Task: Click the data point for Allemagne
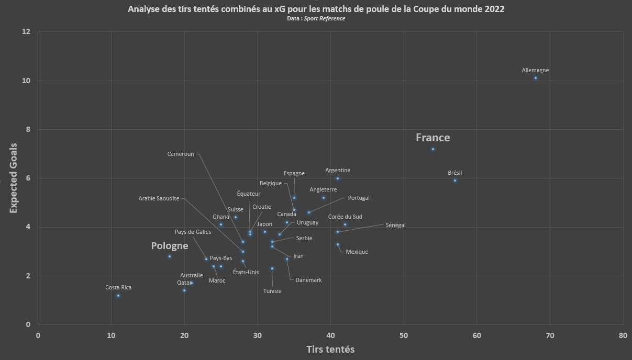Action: (536, 78)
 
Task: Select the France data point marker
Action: (433, 149)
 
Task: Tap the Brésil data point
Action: (455, 181)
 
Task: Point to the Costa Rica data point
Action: (118, 296)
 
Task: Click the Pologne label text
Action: (170, 246)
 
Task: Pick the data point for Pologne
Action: (170, 256)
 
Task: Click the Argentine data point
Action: (338, 178)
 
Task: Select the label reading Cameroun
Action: (181, 154)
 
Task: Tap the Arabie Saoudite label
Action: (159, 198)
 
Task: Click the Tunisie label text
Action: (272, 291)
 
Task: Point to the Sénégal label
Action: (395, 225)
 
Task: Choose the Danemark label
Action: (308, 280)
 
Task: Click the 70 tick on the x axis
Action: (550, 335)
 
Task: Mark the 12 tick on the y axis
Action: (26, 31)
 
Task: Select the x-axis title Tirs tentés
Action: (330, 350)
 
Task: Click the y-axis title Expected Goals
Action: (13, 178)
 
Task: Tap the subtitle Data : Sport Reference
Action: (316, 18)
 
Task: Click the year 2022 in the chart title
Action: (495, 9)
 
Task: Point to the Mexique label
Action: (357, 252)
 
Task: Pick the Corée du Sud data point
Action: (345, 224)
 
